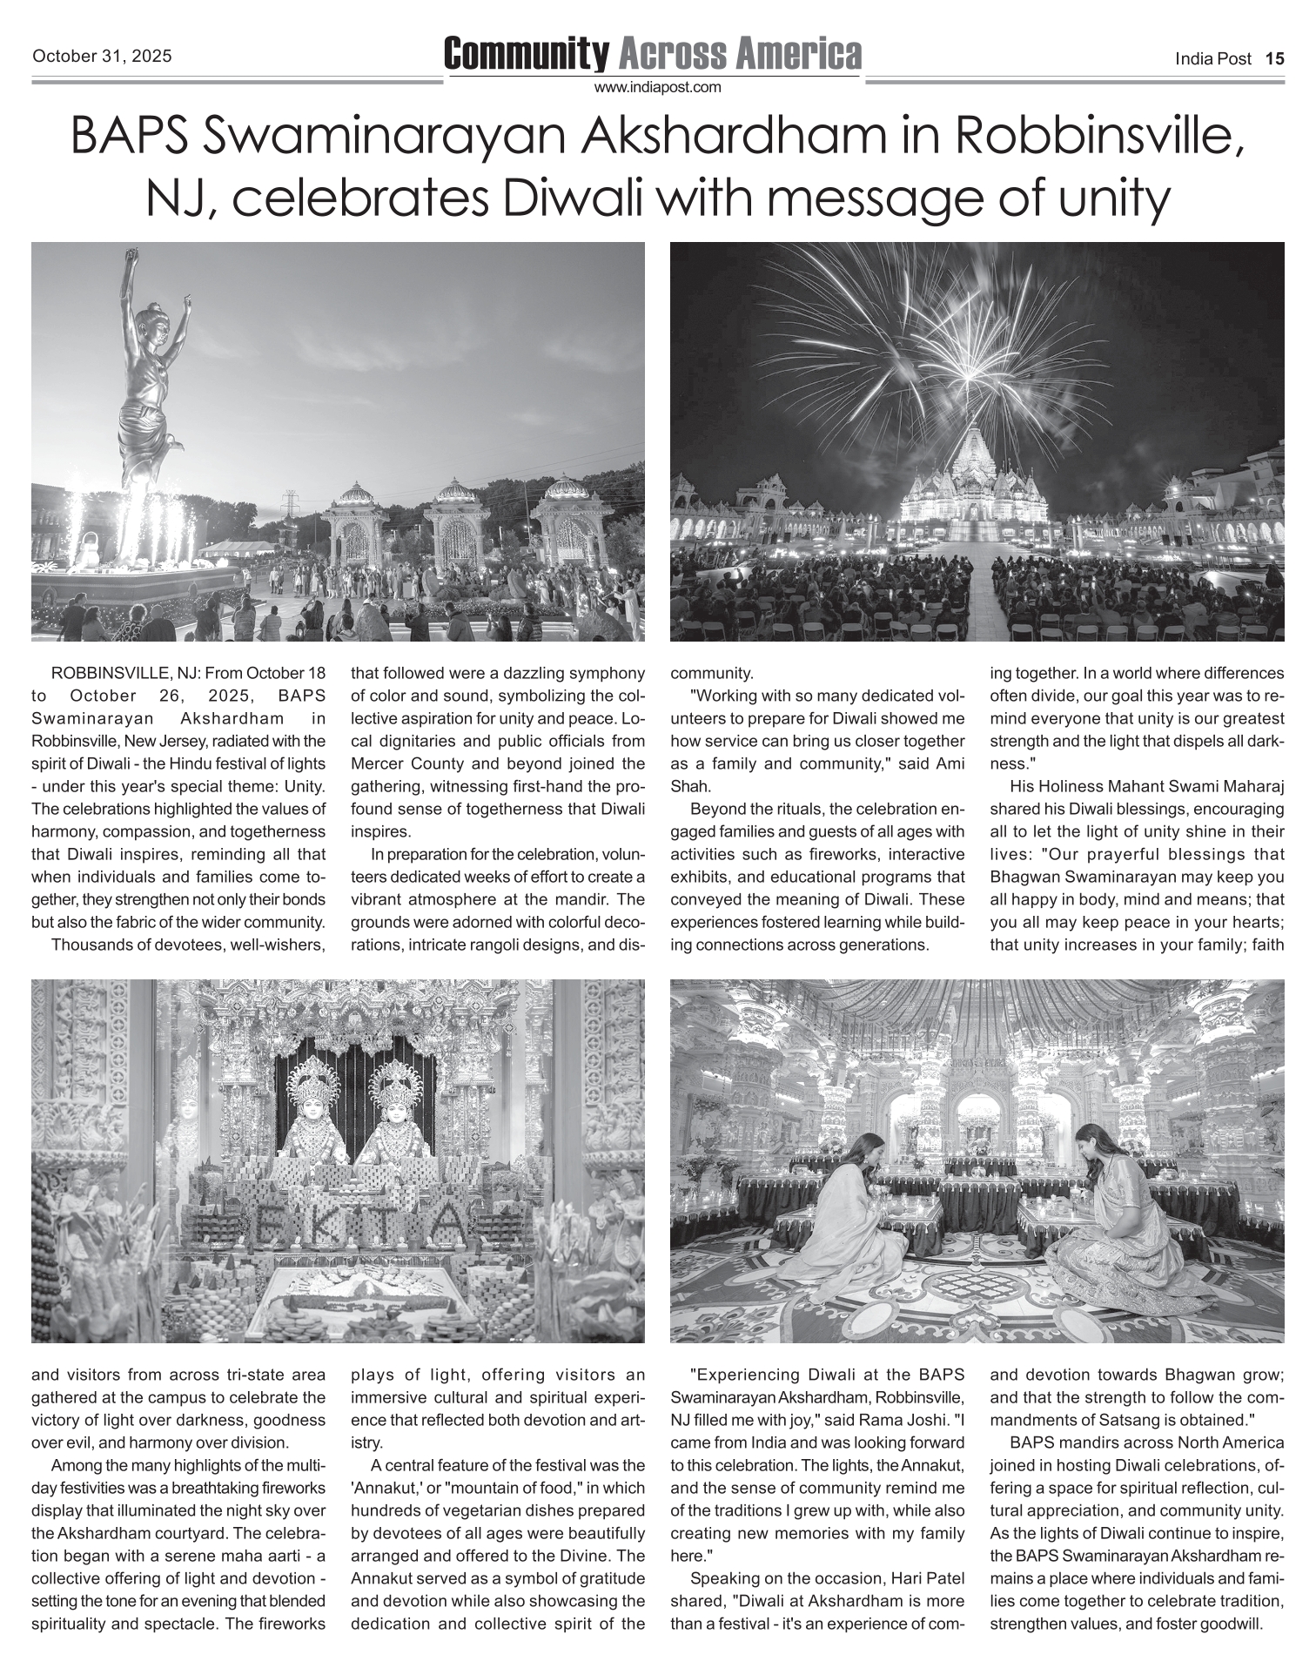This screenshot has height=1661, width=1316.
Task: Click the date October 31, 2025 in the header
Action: (102, 57)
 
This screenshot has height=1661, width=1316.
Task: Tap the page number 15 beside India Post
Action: (1274, 59)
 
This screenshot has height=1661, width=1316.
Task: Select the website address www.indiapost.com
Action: (658, 87)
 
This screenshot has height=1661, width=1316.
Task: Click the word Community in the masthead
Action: (526, 54)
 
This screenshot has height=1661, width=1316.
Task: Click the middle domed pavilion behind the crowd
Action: (457, 522)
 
